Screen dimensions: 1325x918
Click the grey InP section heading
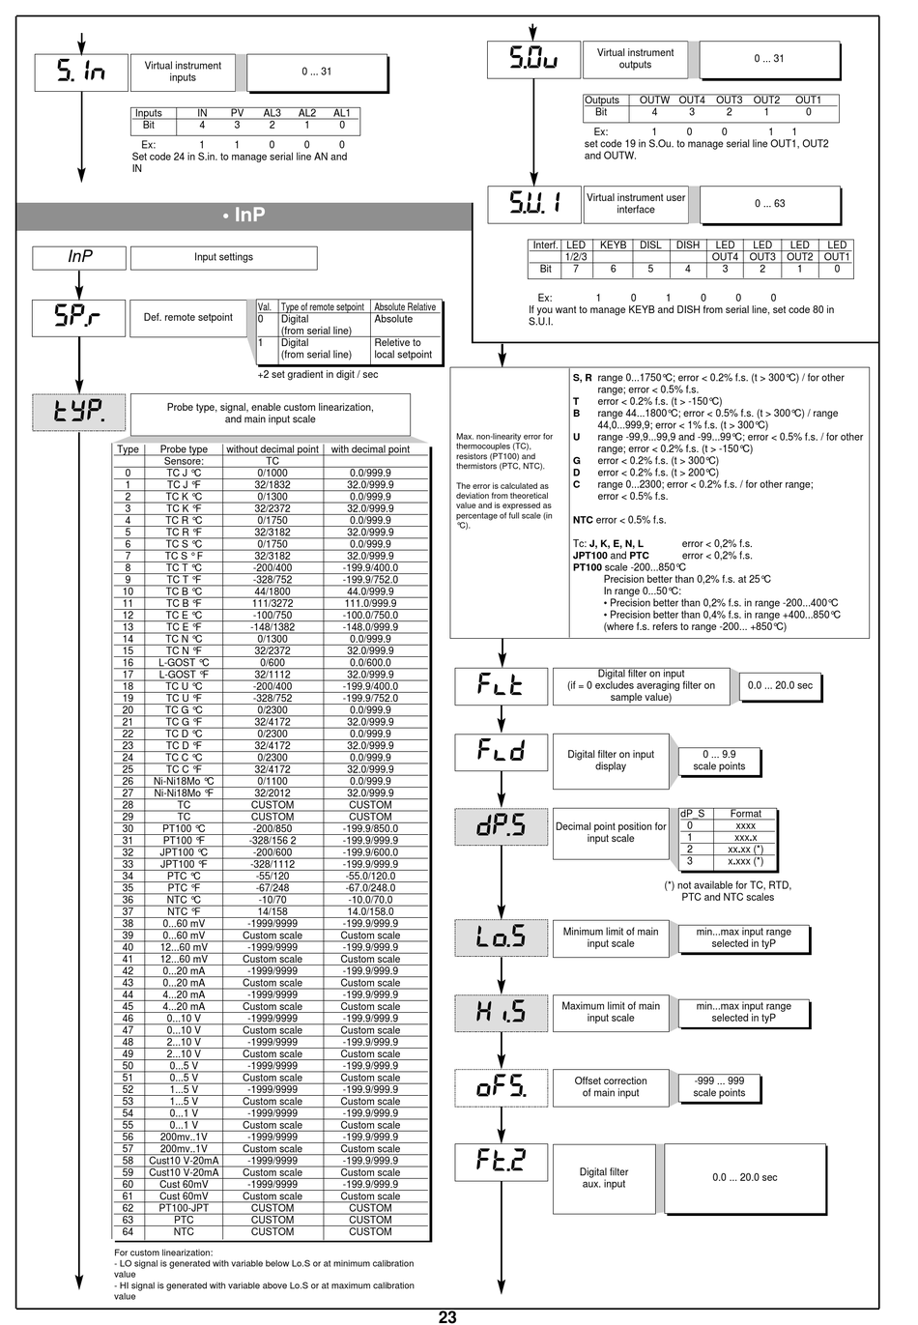(244, 216)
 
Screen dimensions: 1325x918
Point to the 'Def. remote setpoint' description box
(187, 317)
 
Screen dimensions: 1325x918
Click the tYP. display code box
(79, 413)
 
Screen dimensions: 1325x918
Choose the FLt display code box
(501, 685)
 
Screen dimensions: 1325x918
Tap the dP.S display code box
(501, 825)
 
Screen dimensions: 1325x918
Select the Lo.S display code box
(501, 936)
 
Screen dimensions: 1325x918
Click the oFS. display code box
(501, 1087)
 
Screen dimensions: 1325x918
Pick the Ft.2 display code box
(501, 1160)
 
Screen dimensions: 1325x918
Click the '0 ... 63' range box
(769, 204)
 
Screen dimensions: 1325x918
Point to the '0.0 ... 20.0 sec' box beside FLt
(780, 685)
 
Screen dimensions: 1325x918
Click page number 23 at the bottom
(447, 1316)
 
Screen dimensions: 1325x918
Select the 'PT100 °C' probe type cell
(184, 828)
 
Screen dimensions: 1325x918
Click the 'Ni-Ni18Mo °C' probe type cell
(184, 781)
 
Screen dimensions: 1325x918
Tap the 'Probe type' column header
(184, 449)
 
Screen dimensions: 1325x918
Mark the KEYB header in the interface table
(613, 245)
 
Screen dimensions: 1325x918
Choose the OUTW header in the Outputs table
(654, 100)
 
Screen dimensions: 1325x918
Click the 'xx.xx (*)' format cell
(745, 849)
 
